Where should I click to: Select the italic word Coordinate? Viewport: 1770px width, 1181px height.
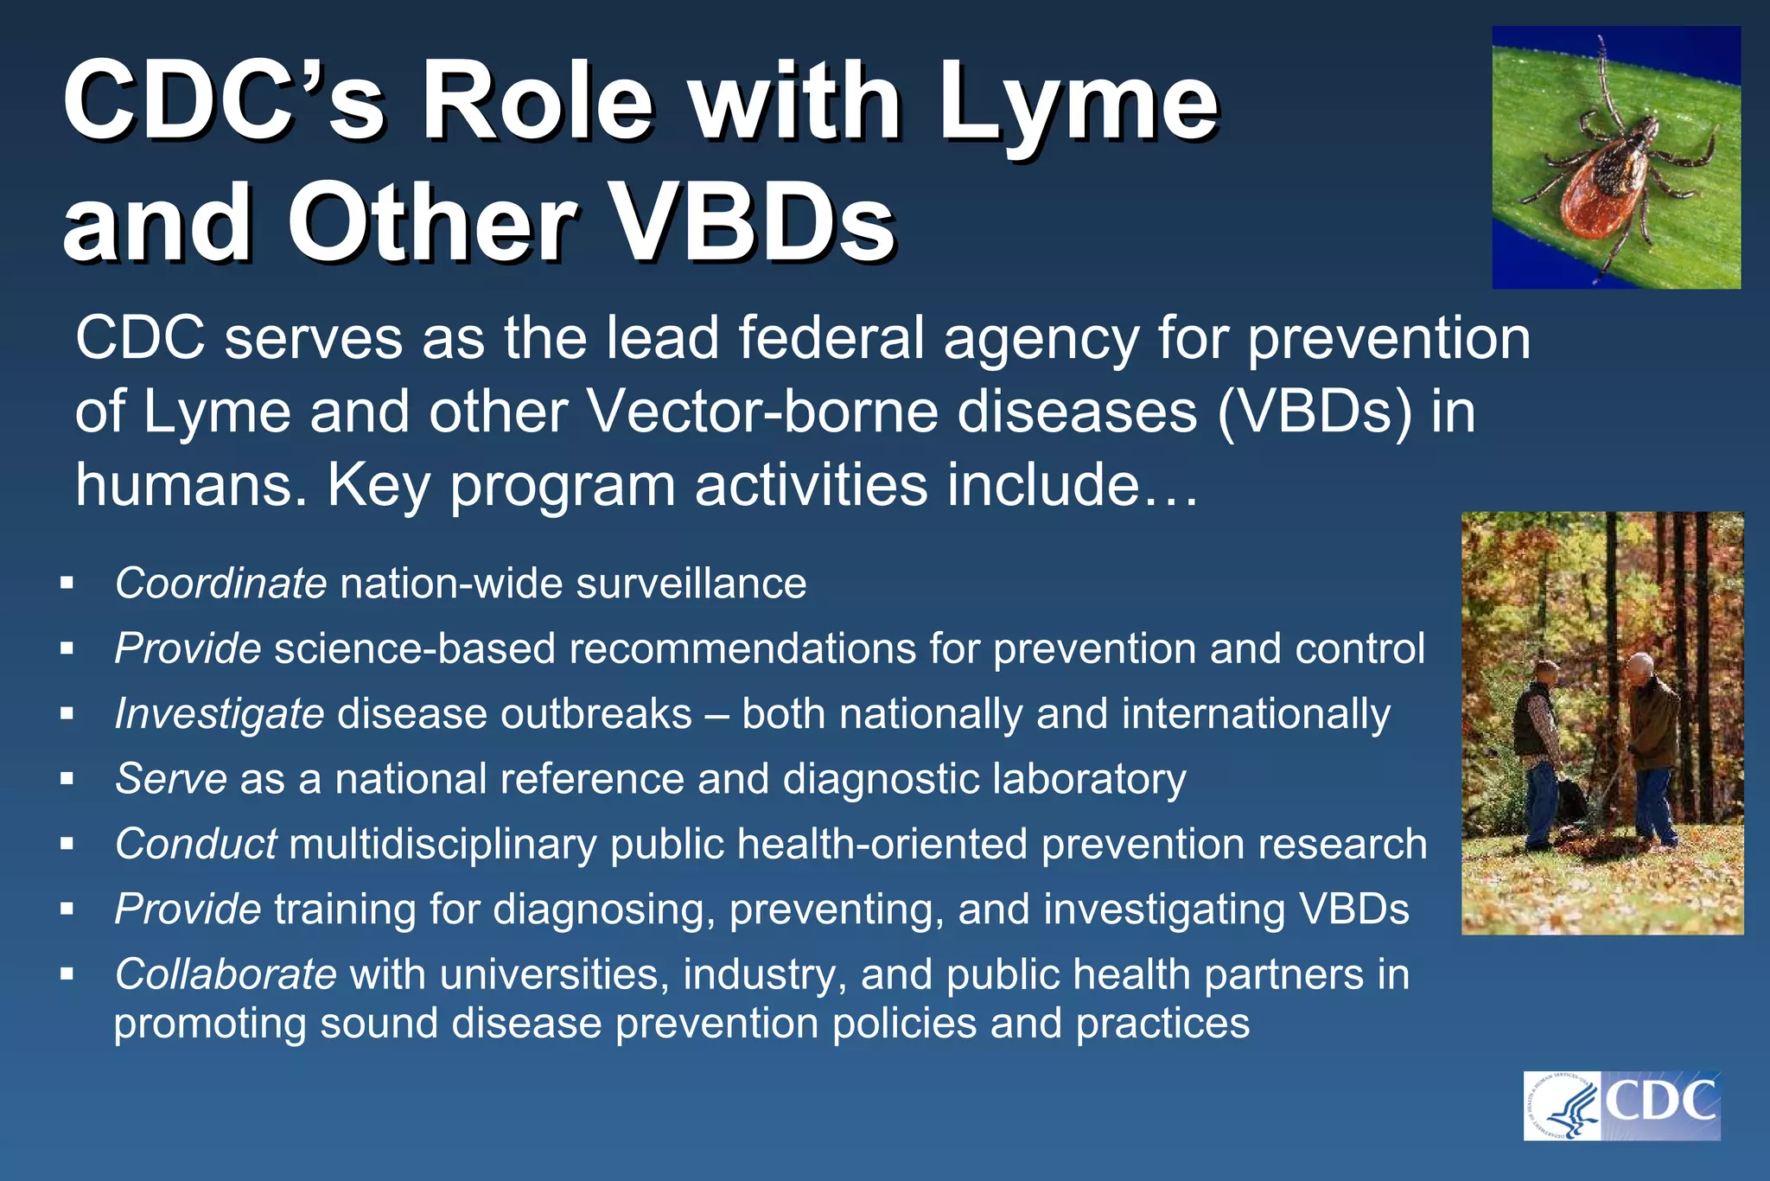coord(220,584)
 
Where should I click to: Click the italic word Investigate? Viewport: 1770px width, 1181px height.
coord(220,714)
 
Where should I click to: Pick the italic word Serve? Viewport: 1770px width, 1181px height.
coord(171,779)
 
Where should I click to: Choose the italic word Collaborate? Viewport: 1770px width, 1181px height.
coord(226,975)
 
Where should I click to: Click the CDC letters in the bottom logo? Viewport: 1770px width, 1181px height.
coord(1661,1102)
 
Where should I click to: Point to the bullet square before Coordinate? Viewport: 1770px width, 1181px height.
coord(67,584)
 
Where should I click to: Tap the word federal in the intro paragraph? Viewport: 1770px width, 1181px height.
coord(831,338)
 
